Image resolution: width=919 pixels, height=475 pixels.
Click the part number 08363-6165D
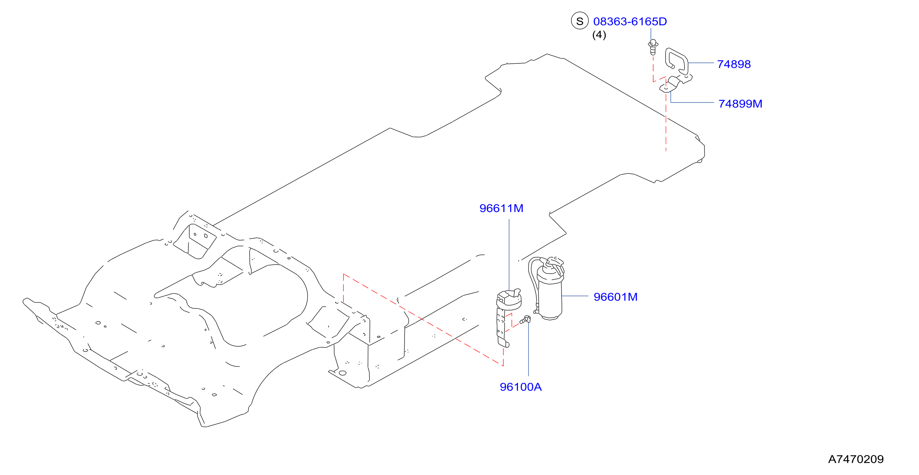coord(630,21)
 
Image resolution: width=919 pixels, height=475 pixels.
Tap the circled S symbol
coord(580,21)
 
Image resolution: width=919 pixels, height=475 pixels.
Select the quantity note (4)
coord(599,35)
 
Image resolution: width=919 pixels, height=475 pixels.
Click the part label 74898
coord(734,64)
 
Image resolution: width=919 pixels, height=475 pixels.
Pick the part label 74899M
coord(740,104)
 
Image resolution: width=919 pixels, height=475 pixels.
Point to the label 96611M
coord(501,208)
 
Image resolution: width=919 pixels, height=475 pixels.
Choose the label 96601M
coord(615,297)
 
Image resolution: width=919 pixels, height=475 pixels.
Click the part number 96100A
coord(521,387)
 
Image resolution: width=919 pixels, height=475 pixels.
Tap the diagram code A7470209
coord(856,459)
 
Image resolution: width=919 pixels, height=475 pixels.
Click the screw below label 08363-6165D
coord(653,47)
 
